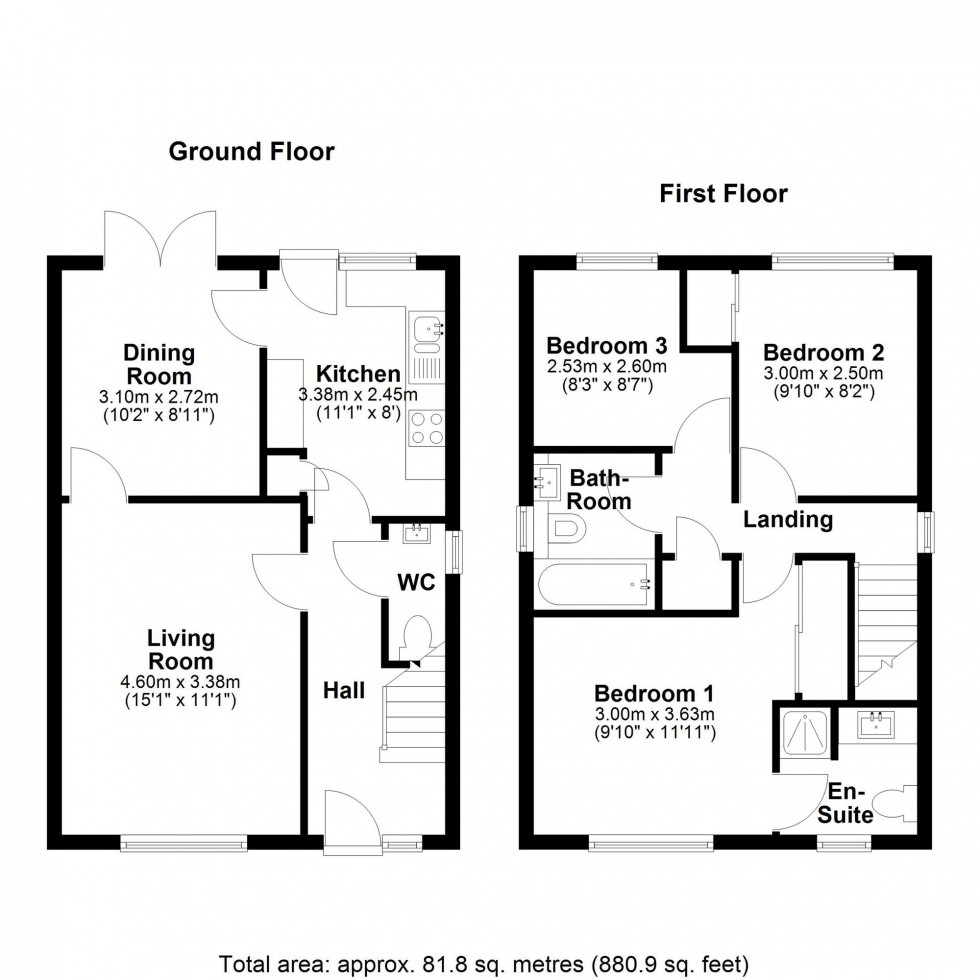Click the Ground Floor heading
(x=251, y=151)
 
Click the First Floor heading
(x=723, y=193)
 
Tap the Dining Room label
(x=159, y=364)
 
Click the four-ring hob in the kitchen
(x=427, y=429)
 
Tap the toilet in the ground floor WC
(x=415, y=636)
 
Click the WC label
(x=416, y=582)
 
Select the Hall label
(x=343, y=689)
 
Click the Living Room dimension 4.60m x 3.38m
(x=181, y=683)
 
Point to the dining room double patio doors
(x=160, y=238)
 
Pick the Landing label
(x=787, y=519)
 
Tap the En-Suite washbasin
(x=878, y=724)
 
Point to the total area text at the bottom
(x=483, y=964)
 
